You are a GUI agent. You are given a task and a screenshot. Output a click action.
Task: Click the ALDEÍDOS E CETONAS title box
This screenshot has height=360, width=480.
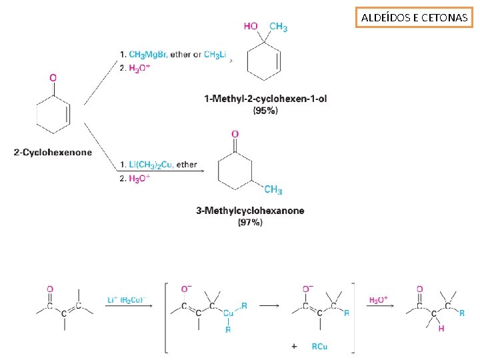(414, 18)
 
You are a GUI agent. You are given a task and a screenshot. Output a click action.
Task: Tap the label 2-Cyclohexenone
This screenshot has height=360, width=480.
(53, 153)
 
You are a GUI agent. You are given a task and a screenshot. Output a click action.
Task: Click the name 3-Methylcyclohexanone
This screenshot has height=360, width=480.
(250, 211)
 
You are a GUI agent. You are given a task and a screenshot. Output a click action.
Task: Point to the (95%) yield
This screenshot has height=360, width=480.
(265, 111)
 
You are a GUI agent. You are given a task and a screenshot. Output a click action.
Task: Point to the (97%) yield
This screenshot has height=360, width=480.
(250, 222)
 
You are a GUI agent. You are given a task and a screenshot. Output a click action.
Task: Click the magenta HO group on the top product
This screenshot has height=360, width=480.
(251, 27)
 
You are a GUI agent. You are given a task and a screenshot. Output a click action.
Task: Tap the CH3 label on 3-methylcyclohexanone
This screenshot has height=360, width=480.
(273, 190)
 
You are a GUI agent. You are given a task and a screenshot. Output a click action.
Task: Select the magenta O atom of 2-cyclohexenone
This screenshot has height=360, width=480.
(53, 78)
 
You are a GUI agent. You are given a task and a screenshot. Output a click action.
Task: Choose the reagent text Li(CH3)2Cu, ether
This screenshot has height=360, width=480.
(163, 165)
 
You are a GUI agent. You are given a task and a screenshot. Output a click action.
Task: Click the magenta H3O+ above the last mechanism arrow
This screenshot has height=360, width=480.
(378, 300)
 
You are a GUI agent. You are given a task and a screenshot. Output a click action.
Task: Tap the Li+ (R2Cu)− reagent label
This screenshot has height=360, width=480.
(129, 300)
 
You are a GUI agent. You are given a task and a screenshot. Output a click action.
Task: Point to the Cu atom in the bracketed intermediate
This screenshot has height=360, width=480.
(228, 313)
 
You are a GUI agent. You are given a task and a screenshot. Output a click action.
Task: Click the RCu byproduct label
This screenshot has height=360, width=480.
(319, 346)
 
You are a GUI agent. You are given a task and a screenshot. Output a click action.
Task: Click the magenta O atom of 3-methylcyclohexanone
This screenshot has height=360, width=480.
(235, 134)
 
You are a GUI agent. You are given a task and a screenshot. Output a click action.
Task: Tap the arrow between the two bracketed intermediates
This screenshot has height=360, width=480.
(269, 307)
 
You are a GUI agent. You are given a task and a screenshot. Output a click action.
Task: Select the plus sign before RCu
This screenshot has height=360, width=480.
(295, 346)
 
